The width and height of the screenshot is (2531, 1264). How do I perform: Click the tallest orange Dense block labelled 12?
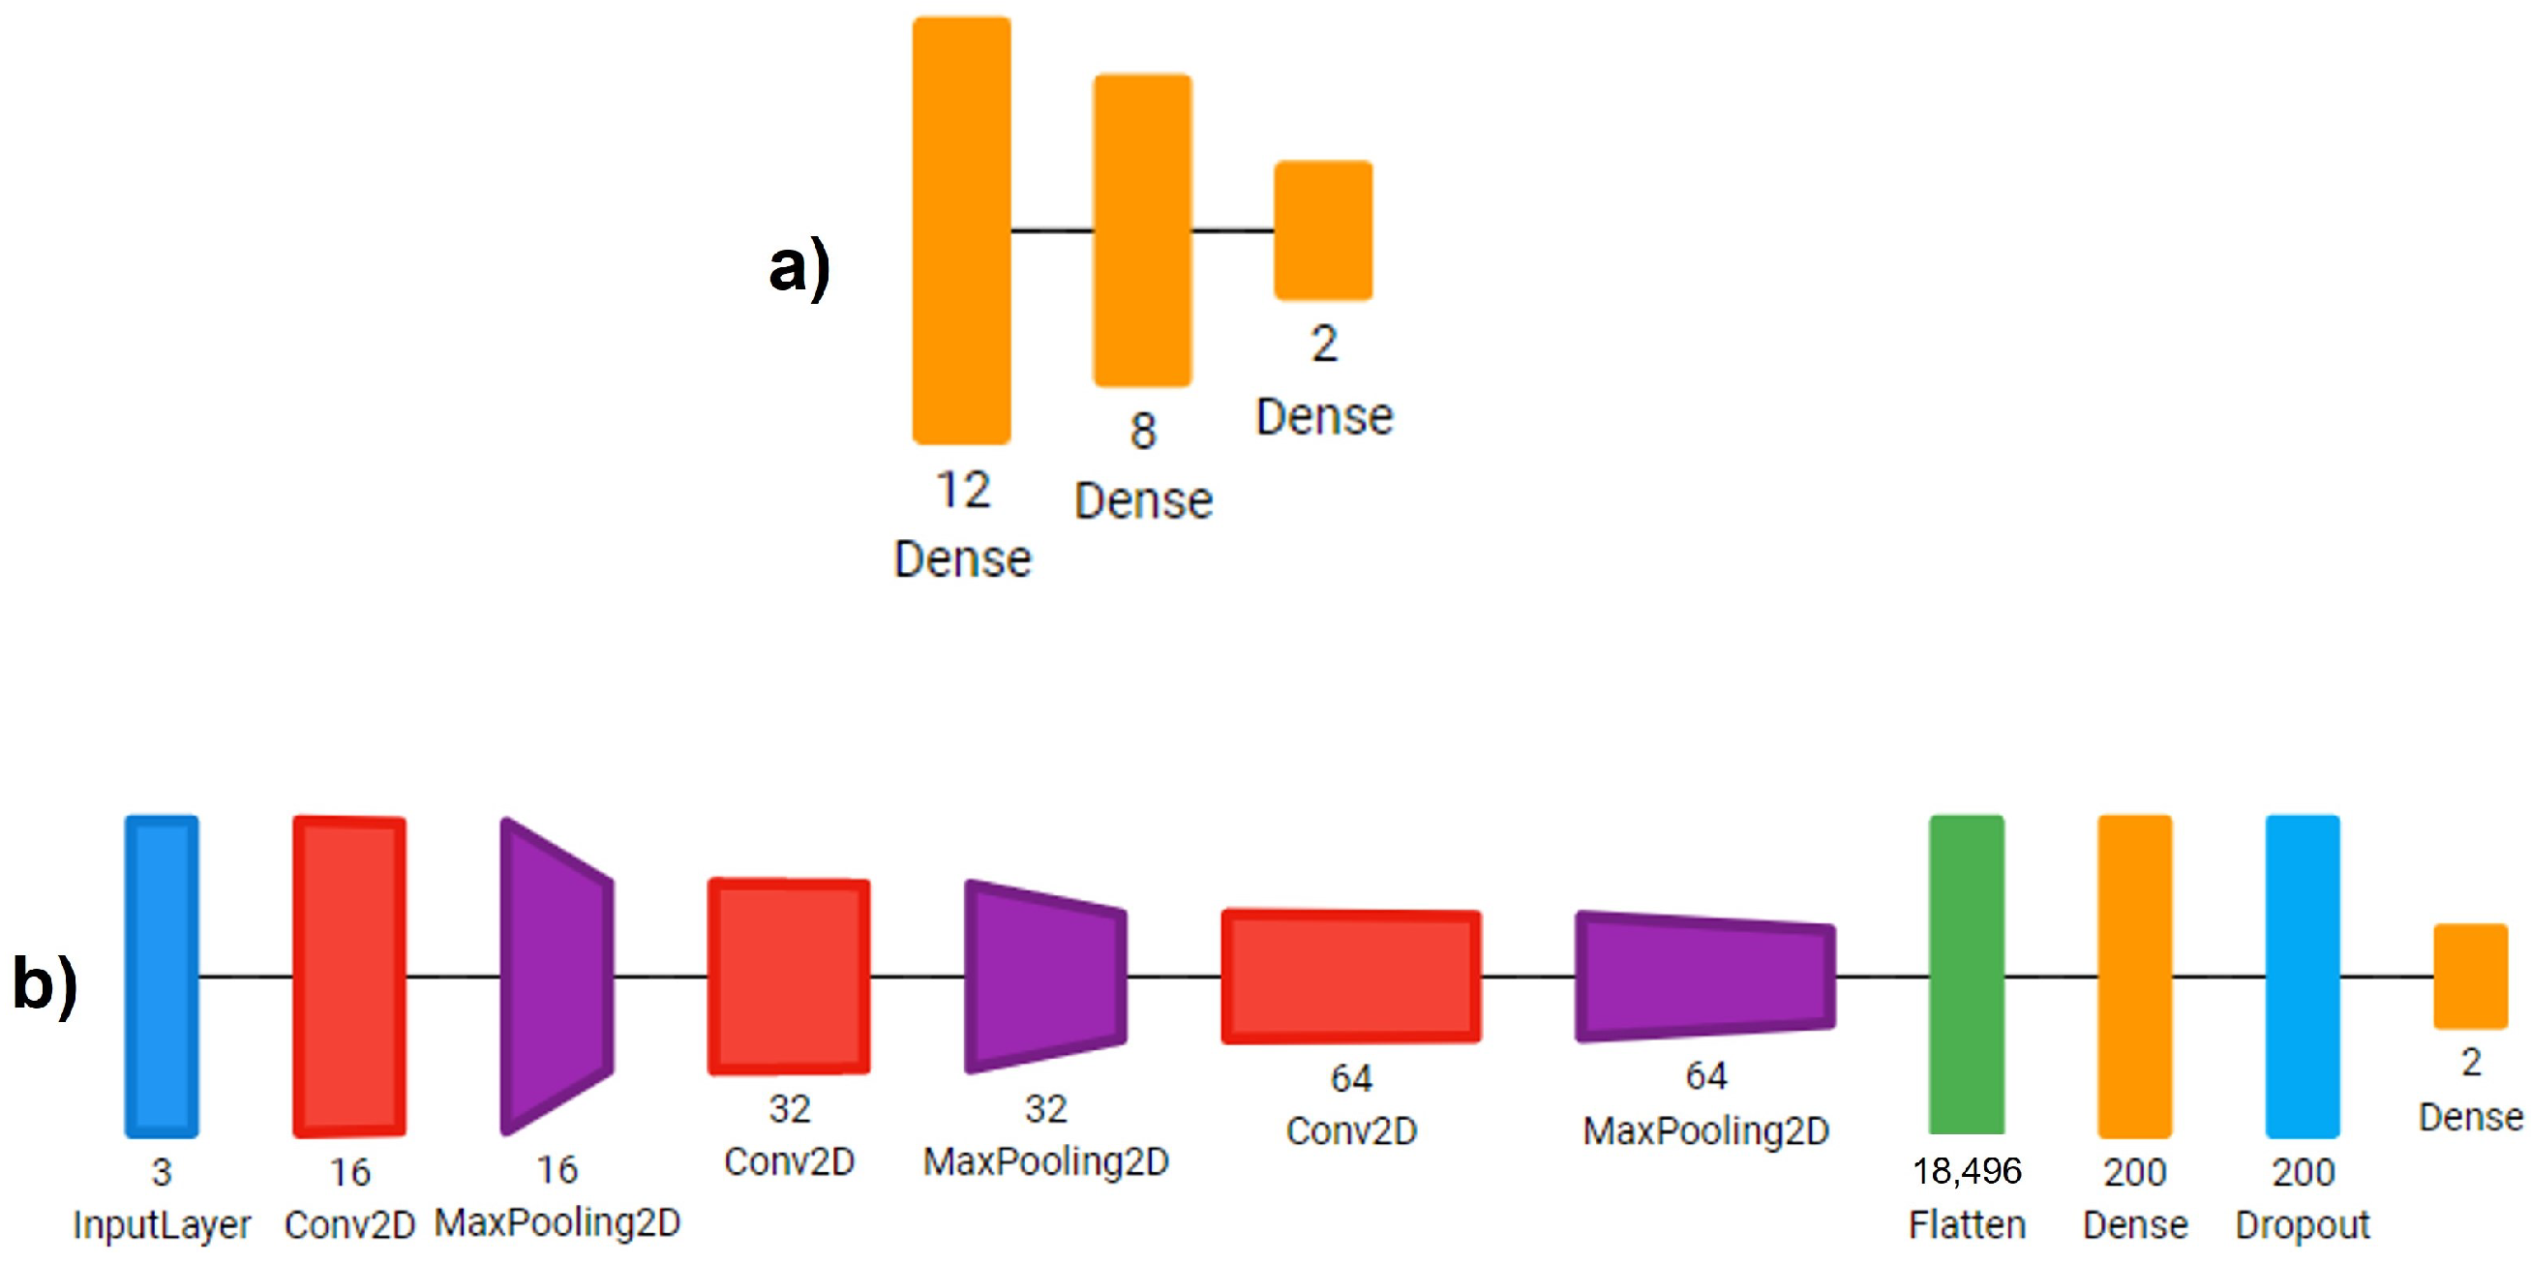[961, 229]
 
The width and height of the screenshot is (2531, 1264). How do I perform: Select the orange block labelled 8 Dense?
[1143, 229]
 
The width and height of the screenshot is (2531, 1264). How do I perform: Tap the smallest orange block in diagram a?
[1323, 229]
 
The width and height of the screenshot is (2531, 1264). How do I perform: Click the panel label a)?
[799, 268]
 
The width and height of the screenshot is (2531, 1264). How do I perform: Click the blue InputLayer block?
[161, 977]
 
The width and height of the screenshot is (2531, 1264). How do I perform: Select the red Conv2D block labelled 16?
[348, 977]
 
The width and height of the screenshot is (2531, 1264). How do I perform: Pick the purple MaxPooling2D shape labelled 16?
[557, 977]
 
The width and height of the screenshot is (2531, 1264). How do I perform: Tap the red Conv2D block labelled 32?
[789, 977]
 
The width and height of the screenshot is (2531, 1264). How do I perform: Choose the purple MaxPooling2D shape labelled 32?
[1045, 977]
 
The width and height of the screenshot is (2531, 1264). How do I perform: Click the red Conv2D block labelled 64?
[1351, 977]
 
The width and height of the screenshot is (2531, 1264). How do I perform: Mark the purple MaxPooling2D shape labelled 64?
[1705, 977]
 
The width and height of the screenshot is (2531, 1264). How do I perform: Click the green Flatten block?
[1966, 977]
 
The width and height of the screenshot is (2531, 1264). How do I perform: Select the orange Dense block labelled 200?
[2135, 977]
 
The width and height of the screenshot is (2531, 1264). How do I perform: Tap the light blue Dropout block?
[2302, 977]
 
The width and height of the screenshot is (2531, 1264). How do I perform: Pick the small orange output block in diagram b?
[2470, 977]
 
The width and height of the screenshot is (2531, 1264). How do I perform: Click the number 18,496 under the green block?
[1966, 1171]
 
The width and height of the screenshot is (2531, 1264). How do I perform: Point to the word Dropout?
[2302, 1225]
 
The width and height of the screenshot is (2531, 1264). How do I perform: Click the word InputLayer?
[162, 1225]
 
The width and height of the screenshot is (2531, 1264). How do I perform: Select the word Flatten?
[1967, 1225]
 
